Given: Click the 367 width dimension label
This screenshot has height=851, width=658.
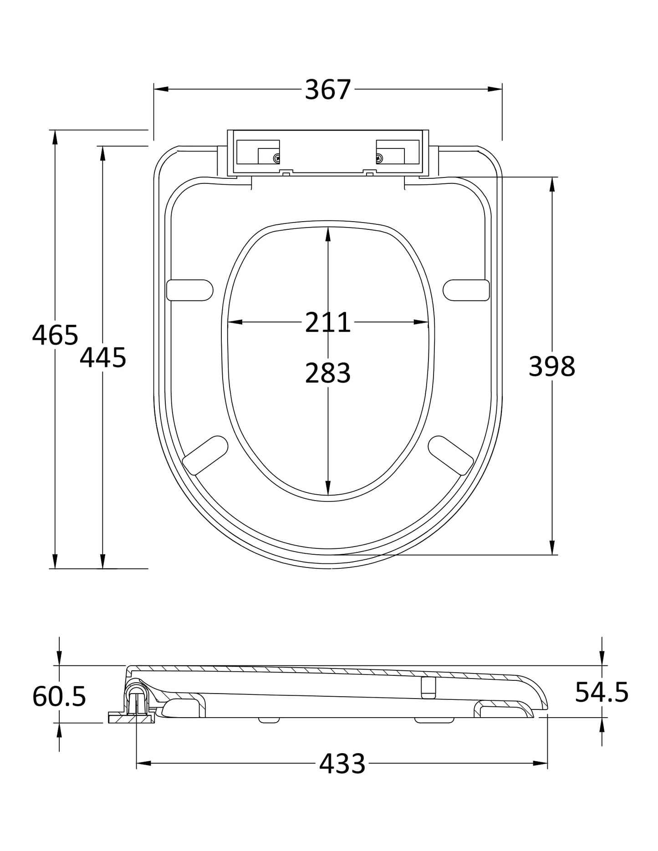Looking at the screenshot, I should [x=327, y=89].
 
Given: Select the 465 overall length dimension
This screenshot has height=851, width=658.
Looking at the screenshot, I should [x=55, y=335].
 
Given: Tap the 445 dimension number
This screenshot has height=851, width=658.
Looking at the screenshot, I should [x=103, y=357].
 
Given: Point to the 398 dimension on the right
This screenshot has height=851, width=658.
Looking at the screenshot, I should [x=552, y=366].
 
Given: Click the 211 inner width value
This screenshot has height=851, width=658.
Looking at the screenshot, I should [x=327, y=322].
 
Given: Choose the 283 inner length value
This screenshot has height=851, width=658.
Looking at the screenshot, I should [x=327, y=373].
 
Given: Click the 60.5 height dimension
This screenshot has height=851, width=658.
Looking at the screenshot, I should [x=59, y=696].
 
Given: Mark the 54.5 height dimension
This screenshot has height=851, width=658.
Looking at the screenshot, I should [x=602, y=692].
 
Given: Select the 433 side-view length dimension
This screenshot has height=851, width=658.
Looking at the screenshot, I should [x=342, y=764].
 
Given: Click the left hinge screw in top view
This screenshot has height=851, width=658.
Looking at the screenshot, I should [x=276, y=158].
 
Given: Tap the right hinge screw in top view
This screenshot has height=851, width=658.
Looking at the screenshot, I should [x=379, y=158].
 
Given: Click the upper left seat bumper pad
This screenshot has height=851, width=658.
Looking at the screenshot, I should [x=189, y=290].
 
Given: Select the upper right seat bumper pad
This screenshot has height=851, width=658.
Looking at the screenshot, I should [x=466, y=290].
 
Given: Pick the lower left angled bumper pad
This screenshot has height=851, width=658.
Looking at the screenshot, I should [x=205, y=455].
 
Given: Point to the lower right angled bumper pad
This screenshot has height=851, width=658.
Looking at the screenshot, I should [x=451, y=455].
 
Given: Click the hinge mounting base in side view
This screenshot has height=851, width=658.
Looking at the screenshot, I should [x=131, y=719].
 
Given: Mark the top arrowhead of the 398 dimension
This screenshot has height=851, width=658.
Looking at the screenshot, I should [x=552, y=183].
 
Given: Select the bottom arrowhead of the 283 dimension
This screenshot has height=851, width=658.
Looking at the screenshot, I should [x=328, y=489].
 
